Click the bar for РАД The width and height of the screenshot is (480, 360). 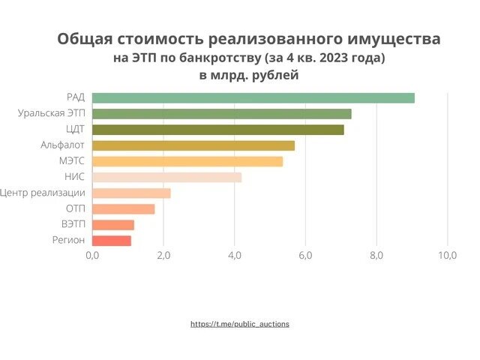[x=253, y=97]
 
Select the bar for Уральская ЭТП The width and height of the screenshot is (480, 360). [x=222, y=114]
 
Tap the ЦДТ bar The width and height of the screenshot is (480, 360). [x=218, y=130]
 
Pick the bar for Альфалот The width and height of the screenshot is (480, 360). [x=193, y=145]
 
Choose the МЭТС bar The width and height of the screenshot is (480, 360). [x=187, y=161]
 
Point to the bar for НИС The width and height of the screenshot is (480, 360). [x=167, y=177]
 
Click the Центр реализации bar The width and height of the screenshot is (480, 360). [x=131, y=193]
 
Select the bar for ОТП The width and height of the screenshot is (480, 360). [x=124, y=208]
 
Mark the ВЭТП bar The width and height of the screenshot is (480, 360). [x=113, y=225]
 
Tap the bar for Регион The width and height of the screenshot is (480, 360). [x=112, y=241]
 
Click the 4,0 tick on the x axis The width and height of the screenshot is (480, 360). [x=234, y=256]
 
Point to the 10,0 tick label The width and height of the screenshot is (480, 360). [x=447, y=256]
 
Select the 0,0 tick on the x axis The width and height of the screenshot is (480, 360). [x=92, y=256]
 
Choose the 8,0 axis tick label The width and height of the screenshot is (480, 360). [x=376, y=256]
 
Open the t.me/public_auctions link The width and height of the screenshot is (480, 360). [x=240, y=324]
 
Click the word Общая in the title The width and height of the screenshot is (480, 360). [x=82, y=40]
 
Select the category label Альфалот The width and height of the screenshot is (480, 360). [x=62, y=145]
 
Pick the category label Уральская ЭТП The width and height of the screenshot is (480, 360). [x=52, y=114]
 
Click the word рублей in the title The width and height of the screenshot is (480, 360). [x=276, y=75]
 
